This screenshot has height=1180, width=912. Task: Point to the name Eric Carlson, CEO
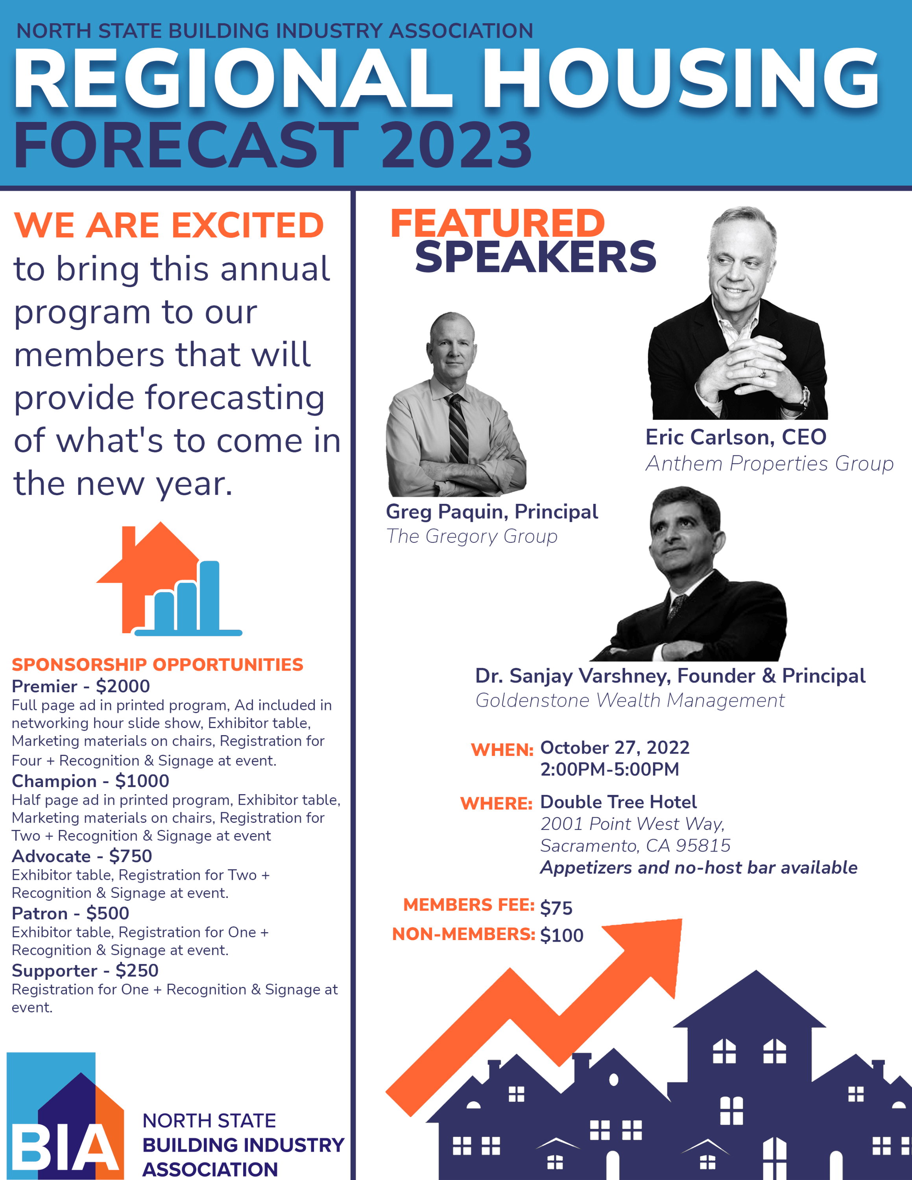[736, 437]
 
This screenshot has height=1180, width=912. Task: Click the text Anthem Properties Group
[769, 464]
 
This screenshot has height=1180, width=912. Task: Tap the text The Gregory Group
[472, 537]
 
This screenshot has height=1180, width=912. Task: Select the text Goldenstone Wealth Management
[630, 700]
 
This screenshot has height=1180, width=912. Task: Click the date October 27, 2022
[615, 748]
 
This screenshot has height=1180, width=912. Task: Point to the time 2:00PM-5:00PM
[609, 769]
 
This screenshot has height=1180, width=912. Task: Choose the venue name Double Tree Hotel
[618, 802]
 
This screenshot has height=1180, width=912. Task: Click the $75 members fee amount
[556, 908]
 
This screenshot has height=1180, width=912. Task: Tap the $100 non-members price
[562, 935]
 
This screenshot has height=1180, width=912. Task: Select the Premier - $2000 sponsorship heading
[81, 686]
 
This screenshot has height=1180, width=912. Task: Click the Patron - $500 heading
[71, 913]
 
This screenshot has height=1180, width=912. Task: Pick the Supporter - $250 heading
[85, 970]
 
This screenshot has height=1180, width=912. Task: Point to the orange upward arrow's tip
[681, 920]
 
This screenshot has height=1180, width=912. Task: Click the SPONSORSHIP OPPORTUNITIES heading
[157, 665]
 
